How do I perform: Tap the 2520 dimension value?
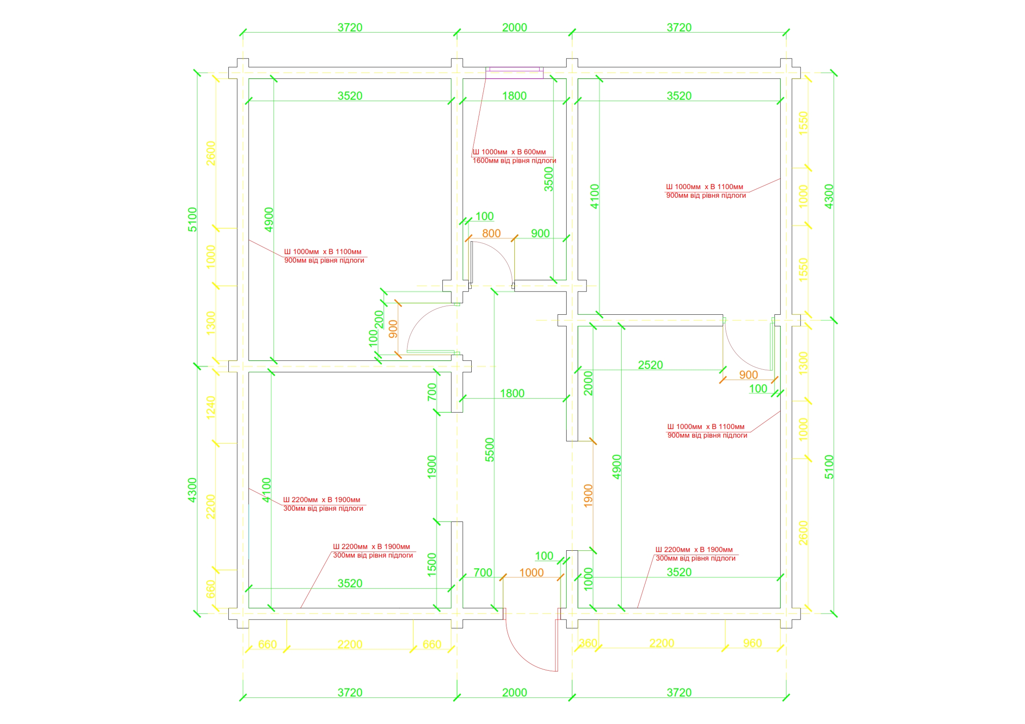coord(650,365)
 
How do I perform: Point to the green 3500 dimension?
coord(548,179)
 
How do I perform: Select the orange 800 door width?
coord(491,233)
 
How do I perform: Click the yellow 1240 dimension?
coord(210,407)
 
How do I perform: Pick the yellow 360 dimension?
coord(588,643)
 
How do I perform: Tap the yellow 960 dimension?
coord(752,643)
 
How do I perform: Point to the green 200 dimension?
coord(379,319)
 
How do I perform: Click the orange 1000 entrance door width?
coord(531,572)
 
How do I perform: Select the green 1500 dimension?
coord(431,564)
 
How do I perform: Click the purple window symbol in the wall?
coord(514,73)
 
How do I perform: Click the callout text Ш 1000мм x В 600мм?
coord(509,152)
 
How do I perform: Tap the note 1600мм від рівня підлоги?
coord(514,161)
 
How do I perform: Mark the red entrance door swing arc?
coord(520,656)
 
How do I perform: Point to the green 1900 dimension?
coord(431,467)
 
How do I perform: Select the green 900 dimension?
coord(540,233)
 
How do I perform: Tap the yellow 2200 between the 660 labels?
coord(350,644)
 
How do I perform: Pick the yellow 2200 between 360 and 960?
coord(662,643)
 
